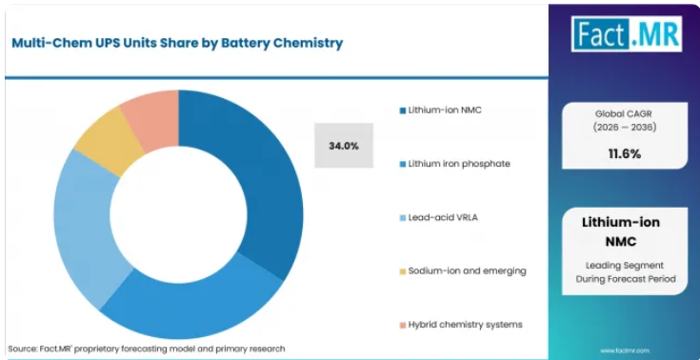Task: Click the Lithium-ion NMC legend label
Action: point(445,110)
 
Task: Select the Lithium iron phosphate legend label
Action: point(459,164)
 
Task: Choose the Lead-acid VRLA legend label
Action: point(443,217)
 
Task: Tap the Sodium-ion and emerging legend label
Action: point(467,271)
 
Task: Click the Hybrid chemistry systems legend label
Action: point(465,325)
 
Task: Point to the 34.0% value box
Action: point(344,146)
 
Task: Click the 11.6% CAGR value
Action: point(625,154)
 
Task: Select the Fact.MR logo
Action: point(627,34)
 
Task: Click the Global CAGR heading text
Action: point(625,114)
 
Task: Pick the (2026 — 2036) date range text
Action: point(625,128)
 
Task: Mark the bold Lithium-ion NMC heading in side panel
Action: point(621,231)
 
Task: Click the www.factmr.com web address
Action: point(625,351)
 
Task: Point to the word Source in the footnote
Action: point(21,349)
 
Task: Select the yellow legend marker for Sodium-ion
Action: point(403,271)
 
